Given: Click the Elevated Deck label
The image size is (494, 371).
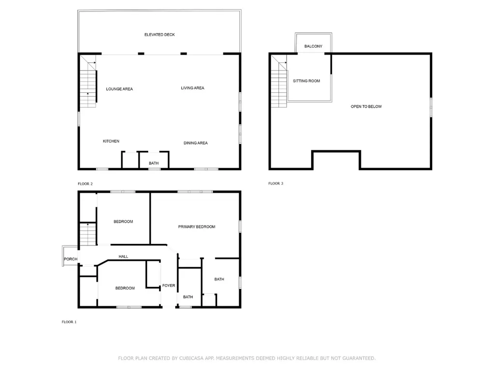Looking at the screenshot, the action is click(159, 35).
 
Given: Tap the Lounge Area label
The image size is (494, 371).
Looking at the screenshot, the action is click(120, 89).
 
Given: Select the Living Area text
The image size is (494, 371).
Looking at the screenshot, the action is click(192, 88).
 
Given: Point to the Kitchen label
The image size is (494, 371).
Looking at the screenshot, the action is click(111, 142).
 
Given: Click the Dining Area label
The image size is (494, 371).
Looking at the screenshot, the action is click(196, 143).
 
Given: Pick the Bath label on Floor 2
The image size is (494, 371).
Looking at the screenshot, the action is click(154, 163).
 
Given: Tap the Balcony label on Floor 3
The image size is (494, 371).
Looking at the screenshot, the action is click(314, 46).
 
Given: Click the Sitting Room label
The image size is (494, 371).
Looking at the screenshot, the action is click(306, 81).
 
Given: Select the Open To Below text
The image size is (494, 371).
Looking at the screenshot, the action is click(366, 107).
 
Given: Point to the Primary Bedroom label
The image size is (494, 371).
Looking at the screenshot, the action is click(197, 227).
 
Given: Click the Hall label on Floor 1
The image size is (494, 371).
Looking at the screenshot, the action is click(123, 257).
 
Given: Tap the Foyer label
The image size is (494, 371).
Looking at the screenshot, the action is click(168, 285).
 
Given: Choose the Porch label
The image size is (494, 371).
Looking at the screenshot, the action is click(70, 259).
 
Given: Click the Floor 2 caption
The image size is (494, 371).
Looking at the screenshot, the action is click(85, 184).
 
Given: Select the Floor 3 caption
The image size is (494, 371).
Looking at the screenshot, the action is click(276, 183).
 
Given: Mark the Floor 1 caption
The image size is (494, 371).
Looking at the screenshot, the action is click(69, 322).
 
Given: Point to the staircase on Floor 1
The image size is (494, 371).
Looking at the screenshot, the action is click(88, 234).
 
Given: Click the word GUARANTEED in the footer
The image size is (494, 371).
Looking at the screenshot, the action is click(359, 358).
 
